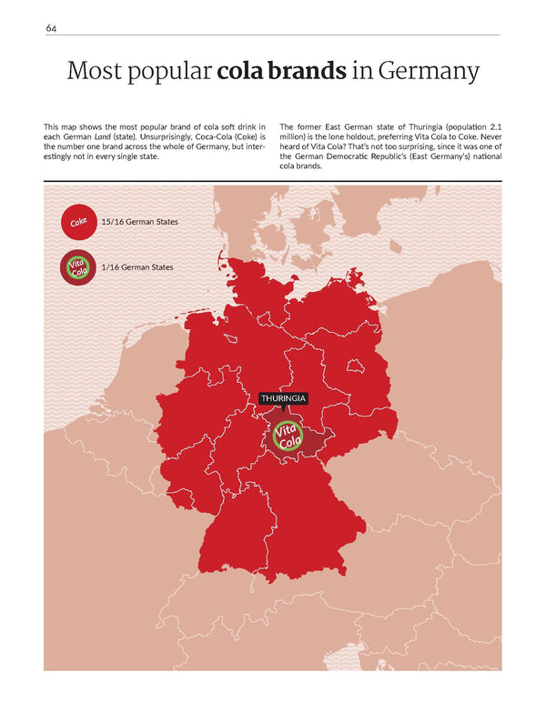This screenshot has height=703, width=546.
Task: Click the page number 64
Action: (x=51, y=28)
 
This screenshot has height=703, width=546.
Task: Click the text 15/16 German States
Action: (x=139, y=222)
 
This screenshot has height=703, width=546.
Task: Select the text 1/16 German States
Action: (x=137, y=267)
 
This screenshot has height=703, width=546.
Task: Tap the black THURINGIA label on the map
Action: (x=283, y=398)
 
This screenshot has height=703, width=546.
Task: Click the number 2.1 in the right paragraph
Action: (x=491, y=125)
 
